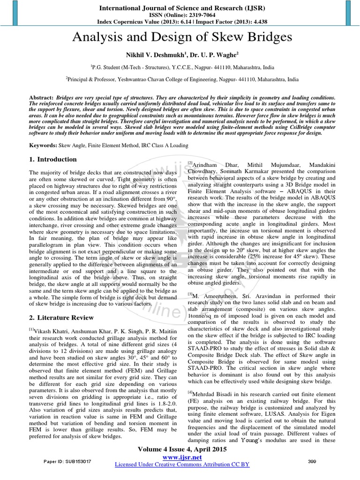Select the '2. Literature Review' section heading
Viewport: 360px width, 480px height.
click(x=61, y=318)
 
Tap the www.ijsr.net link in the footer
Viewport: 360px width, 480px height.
click(x=181, y=457)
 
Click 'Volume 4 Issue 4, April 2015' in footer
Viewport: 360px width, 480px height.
click(x=182, y=449)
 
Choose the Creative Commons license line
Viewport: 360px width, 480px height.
click(x=182, y=464)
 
